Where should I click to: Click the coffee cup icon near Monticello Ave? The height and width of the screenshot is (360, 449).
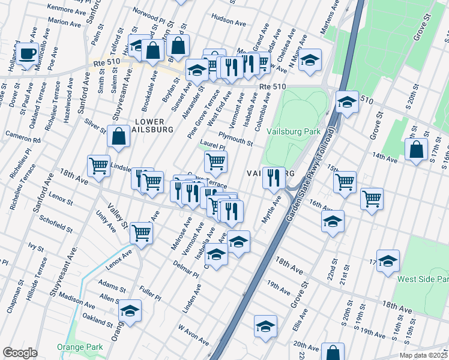[27, 54]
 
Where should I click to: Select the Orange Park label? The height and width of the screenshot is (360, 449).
[80, 347]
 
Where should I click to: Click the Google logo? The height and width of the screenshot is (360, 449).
[20, 353]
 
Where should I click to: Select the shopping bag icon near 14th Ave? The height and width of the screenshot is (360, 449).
[416, 150]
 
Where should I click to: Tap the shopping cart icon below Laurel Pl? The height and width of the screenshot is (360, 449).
[215, 161]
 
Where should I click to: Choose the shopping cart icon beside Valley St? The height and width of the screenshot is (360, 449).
[141, 232]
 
